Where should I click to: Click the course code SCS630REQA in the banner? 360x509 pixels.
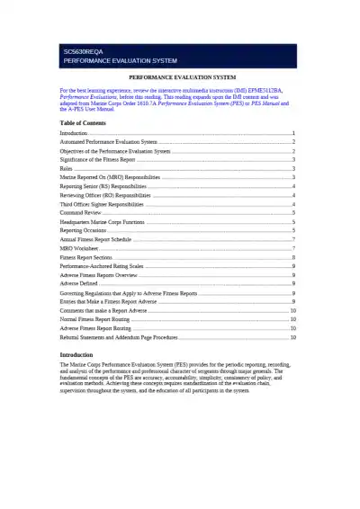[x=83, y=52]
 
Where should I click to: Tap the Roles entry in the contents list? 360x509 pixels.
[x=67, y=168]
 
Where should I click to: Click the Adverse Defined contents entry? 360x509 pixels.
[x=79, y=283]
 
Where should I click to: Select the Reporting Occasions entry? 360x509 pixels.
[x=84, y=230]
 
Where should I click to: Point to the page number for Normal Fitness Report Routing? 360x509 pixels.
[x=293, y=319]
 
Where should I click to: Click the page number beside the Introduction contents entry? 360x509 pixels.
[x=294, y=133]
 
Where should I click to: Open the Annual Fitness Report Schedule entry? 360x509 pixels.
[x=95, y=239]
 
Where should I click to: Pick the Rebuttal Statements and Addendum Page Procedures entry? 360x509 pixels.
[x=119, y=337]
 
